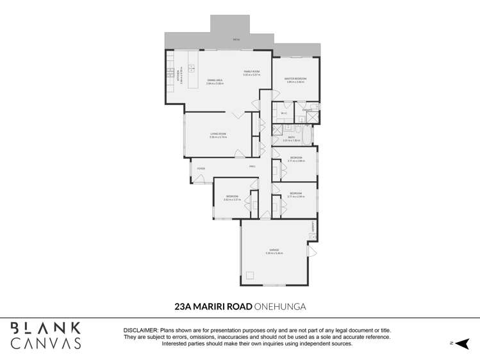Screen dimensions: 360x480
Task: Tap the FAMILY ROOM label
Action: pyautogui.click(x=251, y=71)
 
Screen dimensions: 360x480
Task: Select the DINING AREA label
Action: pyautogui.click(x=215, y=80)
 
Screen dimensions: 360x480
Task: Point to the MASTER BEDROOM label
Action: pyautogui.click(x=295, y=79)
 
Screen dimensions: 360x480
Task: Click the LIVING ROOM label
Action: pyautogui.click(x=219, y=134)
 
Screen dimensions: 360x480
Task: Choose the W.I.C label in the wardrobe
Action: pyautogui.click(x=283, y=114)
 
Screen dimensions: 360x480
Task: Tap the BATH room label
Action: pyautogui.click(x=290, y=136)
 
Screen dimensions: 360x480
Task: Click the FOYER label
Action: pyautogui.click(x=201, y=168)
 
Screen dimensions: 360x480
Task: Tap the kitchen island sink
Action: pyautogui.click(x=190, y=69)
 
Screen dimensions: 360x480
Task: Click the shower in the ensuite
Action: pyautogui.click(x=311, y=117)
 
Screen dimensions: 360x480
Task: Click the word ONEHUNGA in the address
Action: pyautogui.click(x=280, y=306)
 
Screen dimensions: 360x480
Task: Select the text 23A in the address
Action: pyautogui.click(x=184, y=306)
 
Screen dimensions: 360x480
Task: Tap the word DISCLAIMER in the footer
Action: pyautogui.click(x=140, y=329)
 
